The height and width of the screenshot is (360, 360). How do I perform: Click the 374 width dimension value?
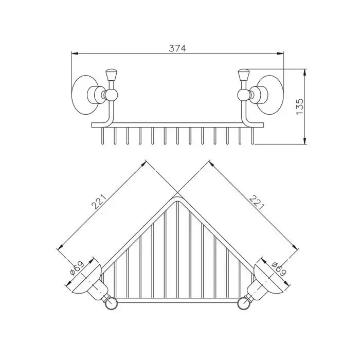coord(177,48)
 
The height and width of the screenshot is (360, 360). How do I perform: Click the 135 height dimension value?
coord(300,107)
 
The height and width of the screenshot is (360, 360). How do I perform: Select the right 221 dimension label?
coord(257,203)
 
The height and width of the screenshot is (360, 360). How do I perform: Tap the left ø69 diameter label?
coord(77,268)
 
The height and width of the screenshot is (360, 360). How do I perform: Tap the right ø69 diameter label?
coord(279,268)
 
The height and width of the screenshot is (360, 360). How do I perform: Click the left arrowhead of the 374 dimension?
coord(75,53)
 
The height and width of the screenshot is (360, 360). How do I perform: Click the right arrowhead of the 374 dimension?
coord(280,53)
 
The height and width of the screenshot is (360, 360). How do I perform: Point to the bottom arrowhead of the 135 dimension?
coord(304,141)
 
